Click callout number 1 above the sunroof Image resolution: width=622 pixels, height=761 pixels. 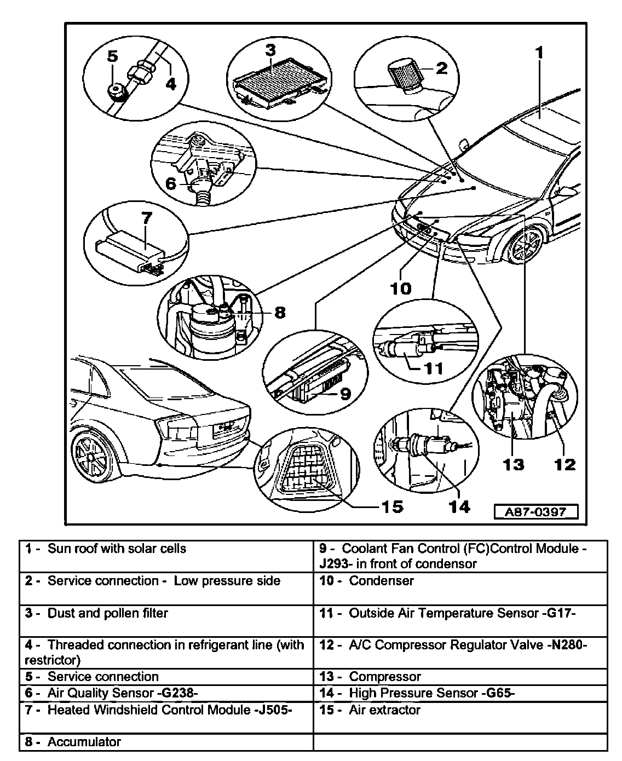pos(539,53)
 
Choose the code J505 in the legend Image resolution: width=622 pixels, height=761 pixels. pos(274,710)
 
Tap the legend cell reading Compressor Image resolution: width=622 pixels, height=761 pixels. pos(385,677)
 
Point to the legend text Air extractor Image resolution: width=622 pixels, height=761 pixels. pos(384,710)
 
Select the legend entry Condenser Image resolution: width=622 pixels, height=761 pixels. pos(381,580)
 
